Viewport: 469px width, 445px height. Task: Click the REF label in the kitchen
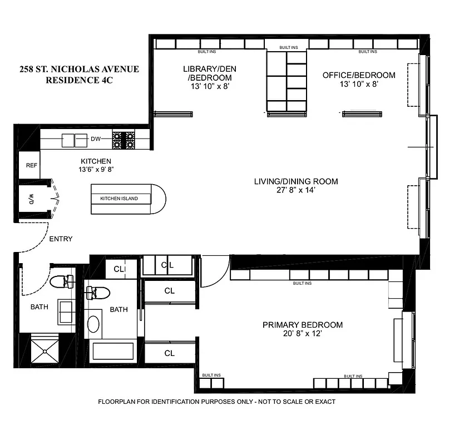[x=30, y=165]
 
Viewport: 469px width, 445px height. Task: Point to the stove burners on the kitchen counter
[x=124, y=139]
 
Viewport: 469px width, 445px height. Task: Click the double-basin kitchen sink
[x=74, y=140]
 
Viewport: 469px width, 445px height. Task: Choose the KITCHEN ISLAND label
[x=119, y=199]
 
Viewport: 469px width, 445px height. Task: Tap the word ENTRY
[x=61, y=239]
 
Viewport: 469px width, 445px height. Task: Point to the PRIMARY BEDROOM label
[x=303, y=325]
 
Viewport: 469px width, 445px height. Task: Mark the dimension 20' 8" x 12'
[x=303, y=335]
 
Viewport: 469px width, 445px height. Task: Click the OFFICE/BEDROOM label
[x=359, y=75]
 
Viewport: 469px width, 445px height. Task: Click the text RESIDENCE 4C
[x=78, y=80]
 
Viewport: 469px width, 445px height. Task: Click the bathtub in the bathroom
[x=113, y=352]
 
